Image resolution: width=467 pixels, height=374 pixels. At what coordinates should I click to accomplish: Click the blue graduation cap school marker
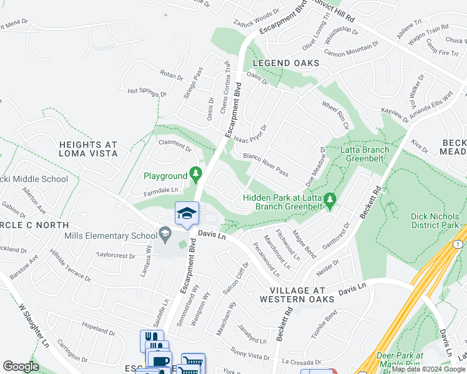(x=187, y=214)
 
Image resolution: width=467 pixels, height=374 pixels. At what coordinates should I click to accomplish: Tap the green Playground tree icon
(x=195, y=171)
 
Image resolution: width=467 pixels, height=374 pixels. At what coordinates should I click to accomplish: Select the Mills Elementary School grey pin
(x=165, y=235)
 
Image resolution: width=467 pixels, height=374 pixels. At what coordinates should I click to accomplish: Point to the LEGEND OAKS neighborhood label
(x=286, y=64)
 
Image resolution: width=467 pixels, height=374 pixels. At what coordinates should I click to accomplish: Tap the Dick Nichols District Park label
(x=435, y=221)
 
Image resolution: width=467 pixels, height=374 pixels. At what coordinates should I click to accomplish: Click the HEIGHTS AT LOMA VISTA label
(x=88, y=149)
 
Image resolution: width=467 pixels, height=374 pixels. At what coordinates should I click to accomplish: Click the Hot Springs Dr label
(x=147, y=91)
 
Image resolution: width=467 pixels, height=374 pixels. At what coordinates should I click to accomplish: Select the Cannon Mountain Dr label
(x=351, y=49)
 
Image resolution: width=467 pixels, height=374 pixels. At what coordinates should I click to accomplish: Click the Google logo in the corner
(x=21, y=367)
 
